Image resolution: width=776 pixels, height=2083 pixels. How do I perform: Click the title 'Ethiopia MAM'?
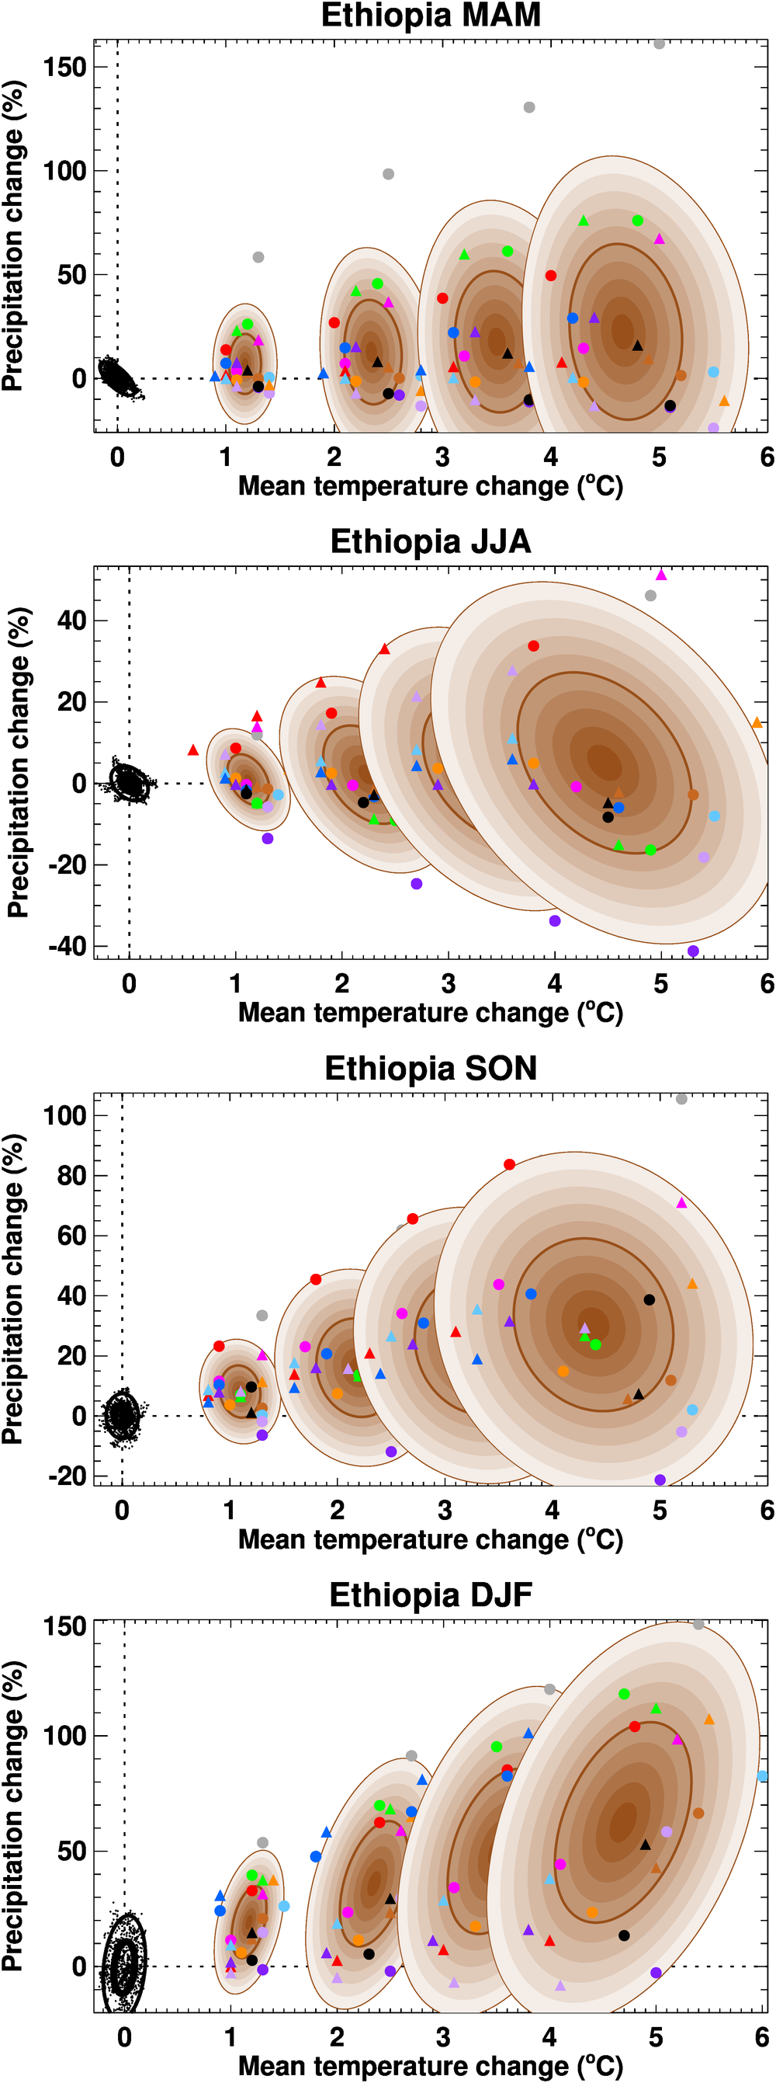[431, 16]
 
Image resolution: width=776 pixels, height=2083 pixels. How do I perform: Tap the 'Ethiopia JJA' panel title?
[431, 542]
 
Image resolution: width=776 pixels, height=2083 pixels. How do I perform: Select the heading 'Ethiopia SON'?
[431, 1068]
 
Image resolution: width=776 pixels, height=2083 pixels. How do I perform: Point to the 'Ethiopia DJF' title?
[431, 1594]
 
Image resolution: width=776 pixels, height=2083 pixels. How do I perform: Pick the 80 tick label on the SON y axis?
[71, 1176]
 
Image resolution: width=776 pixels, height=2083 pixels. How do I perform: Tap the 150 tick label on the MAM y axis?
[64, 67]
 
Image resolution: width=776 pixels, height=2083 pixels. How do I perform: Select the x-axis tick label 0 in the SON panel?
[122, 1510]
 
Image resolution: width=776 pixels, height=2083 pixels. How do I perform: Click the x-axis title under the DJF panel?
[431, 2066]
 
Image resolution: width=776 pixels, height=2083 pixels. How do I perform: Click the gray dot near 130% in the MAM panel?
[529, 107]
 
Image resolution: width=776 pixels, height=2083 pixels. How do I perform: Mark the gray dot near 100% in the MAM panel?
[388, 174]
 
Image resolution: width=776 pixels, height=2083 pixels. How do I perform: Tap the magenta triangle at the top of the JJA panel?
[661, 575]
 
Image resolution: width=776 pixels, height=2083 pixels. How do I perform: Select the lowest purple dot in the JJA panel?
[693, 951]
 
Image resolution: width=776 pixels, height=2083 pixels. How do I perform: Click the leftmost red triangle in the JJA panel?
[192, 750]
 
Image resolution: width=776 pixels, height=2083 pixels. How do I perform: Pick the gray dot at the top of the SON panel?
[681, 1099]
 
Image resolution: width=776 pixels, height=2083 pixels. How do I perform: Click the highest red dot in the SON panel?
[509, 1164]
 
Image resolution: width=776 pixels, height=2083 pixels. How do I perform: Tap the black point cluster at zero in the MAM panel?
[118, 376]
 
